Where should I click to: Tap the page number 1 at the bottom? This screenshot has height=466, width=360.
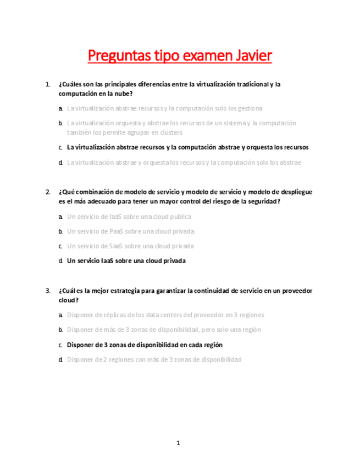(179, 442)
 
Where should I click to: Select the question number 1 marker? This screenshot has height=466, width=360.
(48, 85)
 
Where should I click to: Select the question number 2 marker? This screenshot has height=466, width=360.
(48, 192)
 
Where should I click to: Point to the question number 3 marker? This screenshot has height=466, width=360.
(48, 290)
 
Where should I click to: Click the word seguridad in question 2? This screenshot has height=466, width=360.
(263, 202)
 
